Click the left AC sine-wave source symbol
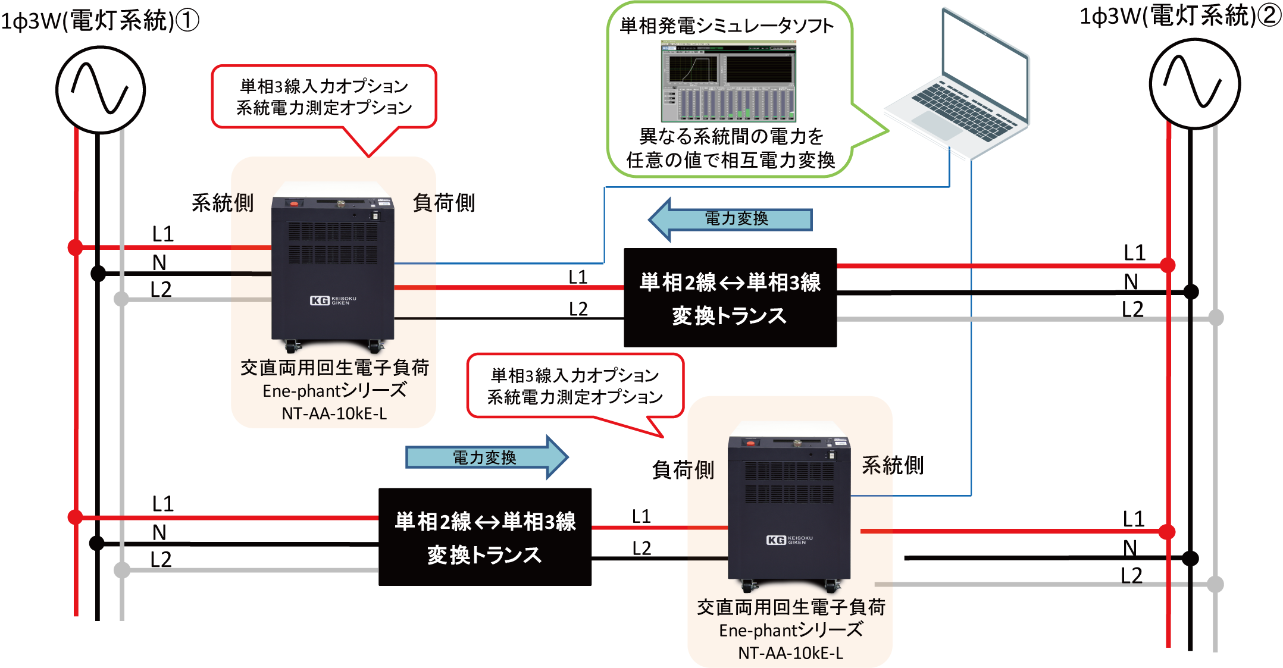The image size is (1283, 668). [x=100, y=89]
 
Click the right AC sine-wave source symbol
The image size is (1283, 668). [x=1194, y=84]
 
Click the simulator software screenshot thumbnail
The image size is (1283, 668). [x=728, y=81]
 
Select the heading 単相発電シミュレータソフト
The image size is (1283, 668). [x=727, y=26]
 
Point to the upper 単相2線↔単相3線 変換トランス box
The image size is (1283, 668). [x=730, y=299]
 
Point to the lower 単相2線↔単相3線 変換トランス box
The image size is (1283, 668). [x=485, y=538]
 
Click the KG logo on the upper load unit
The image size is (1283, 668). [x=320, y=300]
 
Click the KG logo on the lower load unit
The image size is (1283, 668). [x=776, y=540]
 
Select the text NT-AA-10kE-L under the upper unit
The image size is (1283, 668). [x=334, y=413]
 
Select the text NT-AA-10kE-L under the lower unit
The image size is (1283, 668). [x=790, y=653]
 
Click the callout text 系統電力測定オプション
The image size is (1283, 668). [x=574, y=397]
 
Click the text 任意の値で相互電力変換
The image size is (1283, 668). [x=730, y=160]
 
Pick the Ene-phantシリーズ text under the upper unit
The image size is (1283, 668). [x=334, y=391]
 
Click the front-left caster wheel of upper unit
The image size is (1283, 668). [x=292, y=345]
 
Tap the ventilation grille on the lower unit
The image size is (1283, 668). [x=789, y=482]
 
